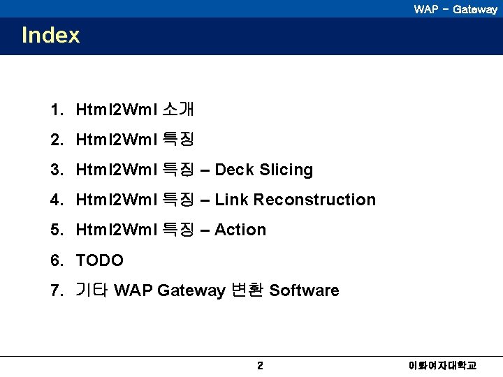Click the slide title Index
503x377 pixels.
pos(51,35)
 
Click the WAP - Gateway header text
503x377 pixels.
pos(455,9)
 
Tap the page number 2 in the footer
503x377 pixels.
pos(260,365)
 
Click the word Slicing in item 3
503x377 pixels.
pos(286,170)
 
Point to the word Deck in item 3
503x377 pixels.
pos(235,170)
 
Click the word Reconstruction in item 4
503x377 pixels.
pos(314,200)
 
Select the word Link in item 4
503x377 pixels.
pos(232,200)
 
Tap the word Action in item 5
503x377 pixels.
pos(240,230)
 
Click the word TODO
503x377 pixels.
pos(99,260)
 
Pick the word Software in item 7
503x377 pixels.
pos(304,290)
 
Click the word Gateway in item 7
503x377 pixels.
pos(191,290)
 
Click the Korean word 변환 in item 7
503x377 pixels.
pos(247,290)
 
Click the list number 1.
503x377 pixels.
pos(55,110)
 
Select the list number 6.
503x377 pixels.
pos(55,260)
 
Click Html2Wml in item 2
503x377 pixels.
pos(116,140)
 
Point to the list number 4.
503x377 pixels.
pos(55,200)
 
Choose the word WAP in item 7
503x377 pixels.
pos(133,290)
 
